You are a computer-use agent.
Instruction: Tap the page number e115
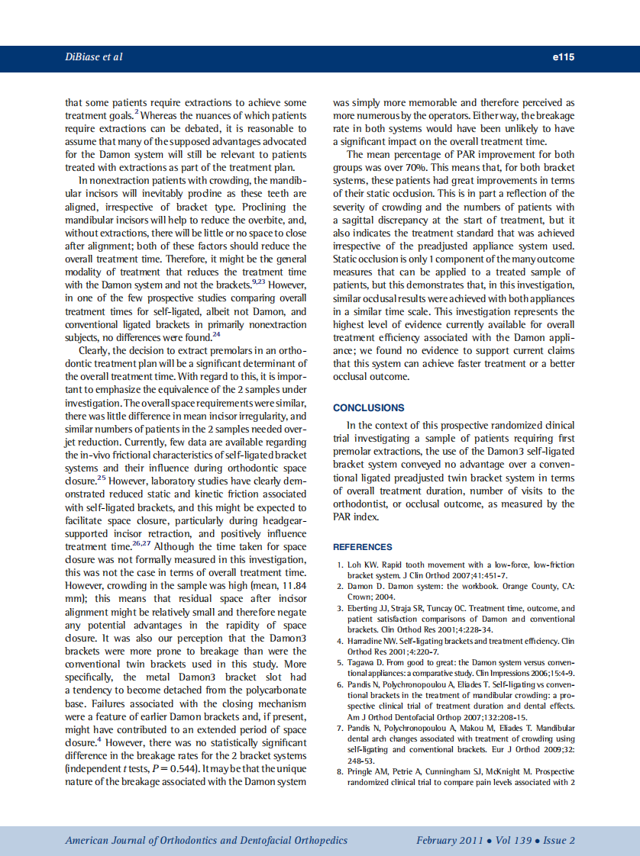coord(563,57)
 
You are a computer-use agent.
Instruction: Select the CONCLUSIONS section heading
coord(369,407)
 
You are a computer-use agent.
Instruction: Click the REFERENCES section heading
coord(363,547)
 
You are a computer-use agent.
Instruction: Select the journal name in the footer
coord(206,840)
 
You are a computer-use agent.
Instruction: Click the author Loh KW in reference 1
coord(364,565)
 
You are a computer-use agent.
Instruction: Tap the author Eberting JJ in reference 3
coord(370,608)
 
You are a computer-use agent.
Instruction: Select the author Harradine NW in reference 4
coord(374,642)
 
